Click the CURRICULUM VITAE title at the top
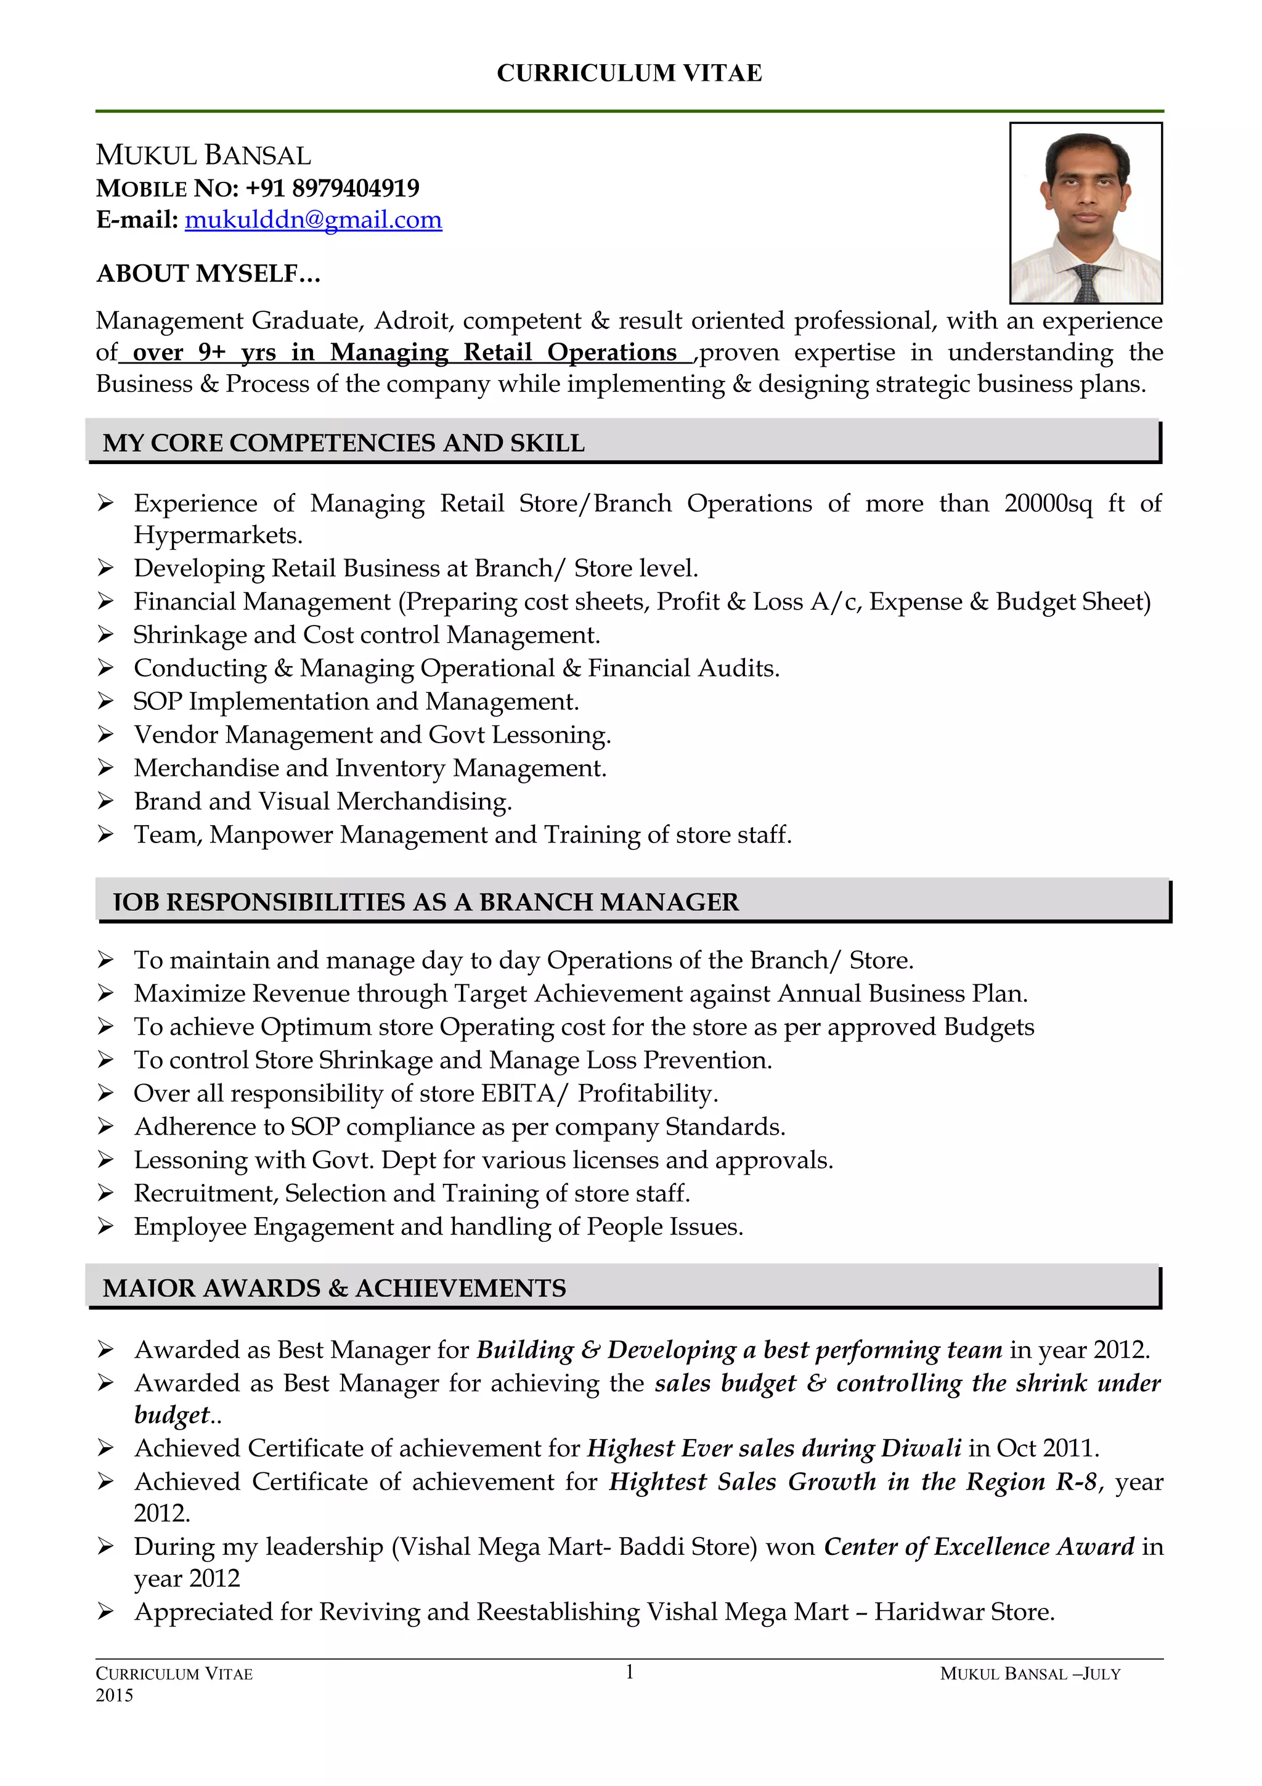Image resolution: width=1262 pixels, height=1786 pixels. coord(629,73)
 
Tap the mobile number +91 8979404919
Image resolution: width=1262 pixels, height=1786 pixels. coord(332,188)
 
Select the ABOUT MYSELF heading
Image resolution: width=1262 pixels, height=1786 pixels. coord(208,274)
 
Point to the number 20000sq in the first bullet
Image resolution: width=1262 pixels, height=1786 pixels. coord(1048,504)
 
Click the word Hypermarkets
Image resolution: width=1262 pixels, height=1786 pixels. coord(218,535)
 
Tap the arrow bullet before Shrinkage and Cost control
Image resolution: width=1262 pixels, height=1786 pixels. coord(106,635)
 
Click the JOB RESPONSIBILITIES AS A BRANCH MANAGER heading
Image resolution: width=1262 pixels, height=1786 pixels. coord(425,902)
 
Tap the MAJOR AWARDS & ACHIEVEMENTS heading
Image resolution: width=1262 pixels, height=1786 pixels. coord(335,1287)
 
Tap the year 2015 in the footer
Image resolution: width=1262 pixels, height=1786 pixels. coord(114,1695)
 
